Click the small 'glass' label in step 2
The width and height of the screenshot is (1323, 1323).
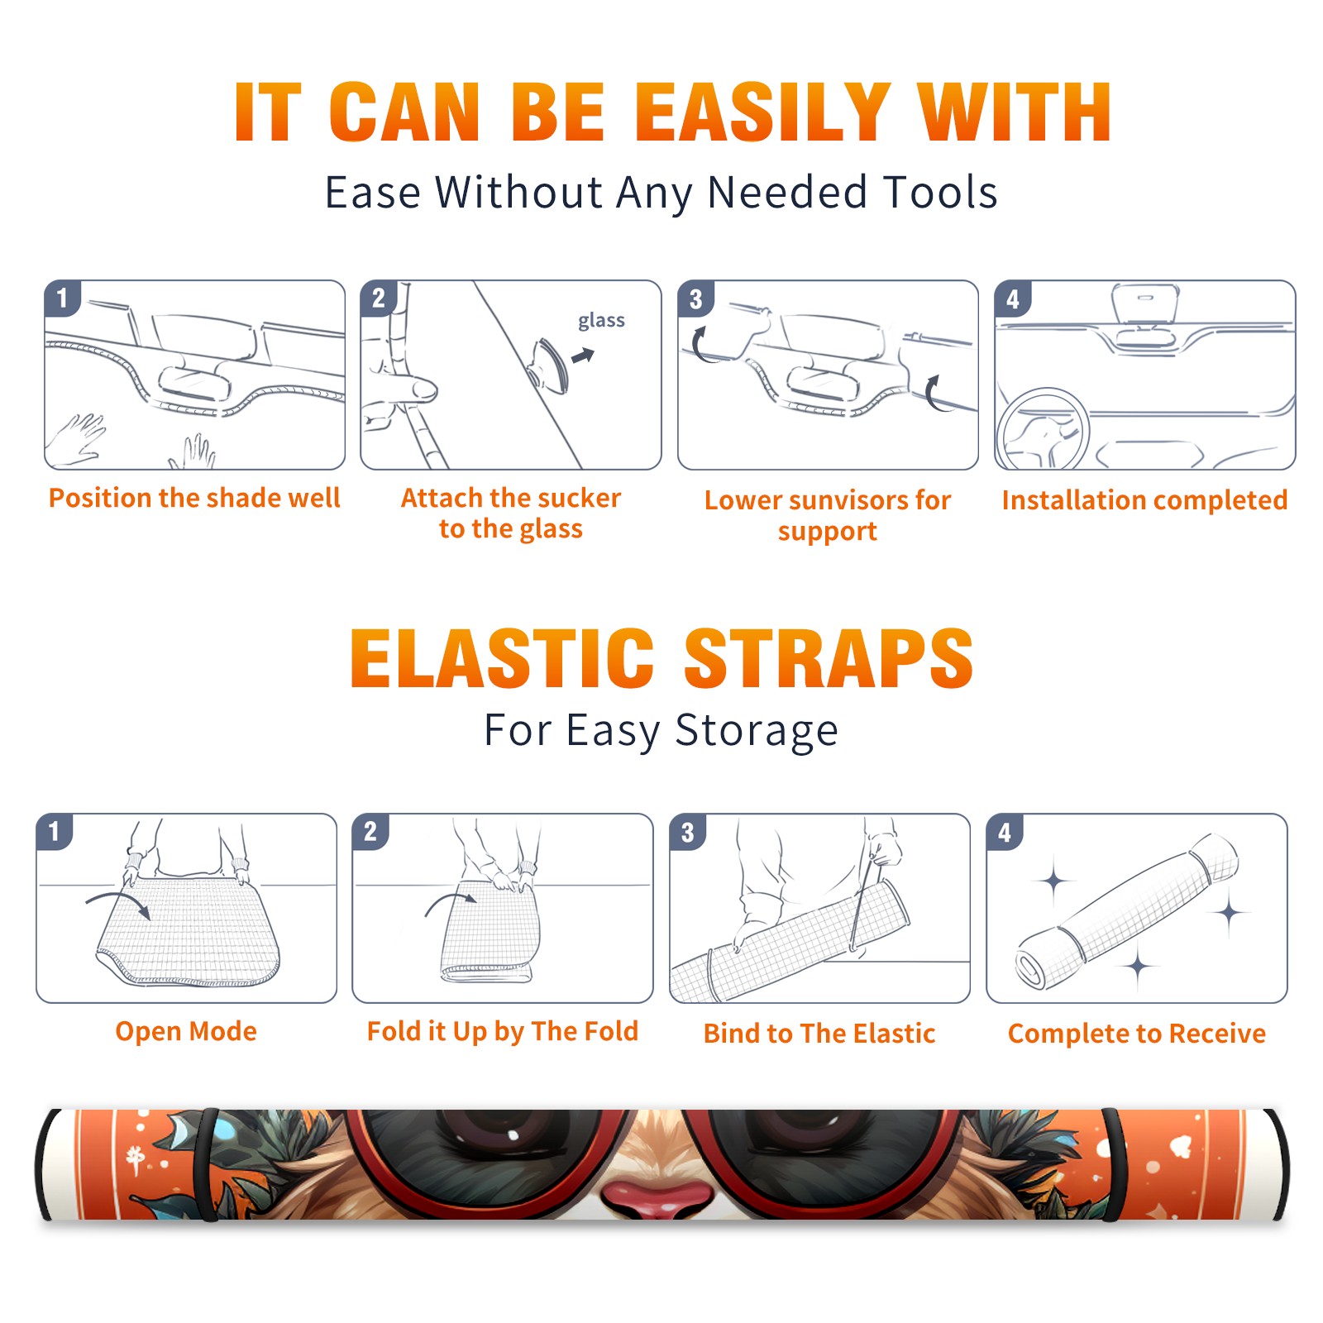coord(601,321)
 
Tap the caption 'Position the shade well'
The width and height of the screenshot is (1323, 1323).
coord(194,498)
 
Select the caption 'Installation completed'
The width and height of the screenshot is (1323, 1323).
coord(1144,500)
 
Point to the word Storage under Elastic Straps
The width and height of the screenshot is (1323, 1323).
coord(757,731)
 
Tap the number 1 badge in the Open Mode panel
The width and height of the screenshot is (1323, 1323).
coord(55,831)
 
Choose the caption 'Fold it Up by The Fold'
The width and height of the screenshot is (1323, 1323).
coord(503,1031)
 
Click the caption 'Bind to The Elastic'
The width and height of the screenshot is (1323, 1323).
coord(819,1034)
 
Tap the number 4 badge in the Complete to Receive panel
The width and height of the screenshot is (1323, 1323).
coord(1005,832)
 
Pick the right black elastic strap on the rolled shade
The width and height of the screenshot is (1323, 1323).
coord(1110,1164)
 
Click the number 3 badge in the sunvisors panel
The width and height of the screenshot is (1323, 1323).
coord(695,299)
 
